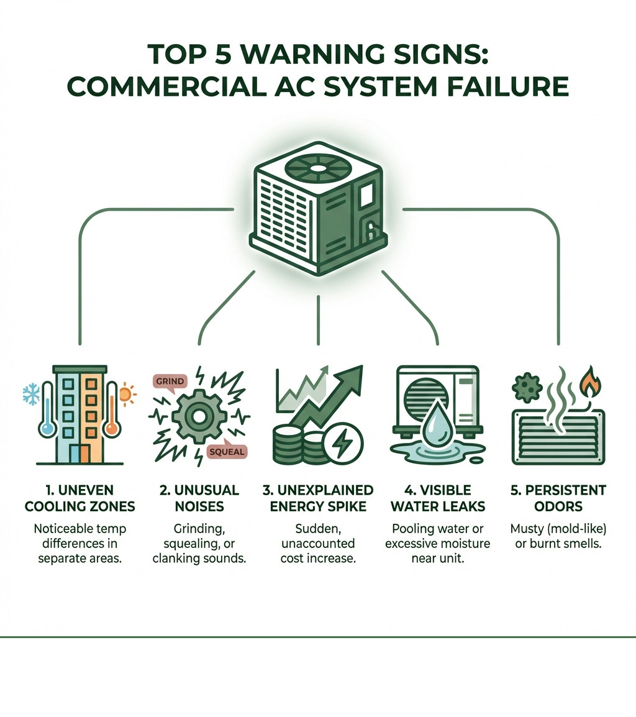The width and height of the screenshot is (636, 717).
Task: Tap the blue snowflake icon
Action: pyautogui.click(x=30, y=393)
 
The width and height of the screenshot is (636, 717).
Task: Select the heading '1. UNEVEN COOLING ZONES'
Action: pyautogui.click(x=80, y=498)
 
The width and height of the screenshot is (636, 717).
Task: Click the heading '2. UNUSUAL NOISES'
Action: pyautogui.click(x=199, y=498)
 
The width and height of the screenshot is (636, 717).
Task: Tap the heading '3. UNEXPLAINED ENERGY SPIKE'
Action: pyautogui.click(x=318, y=498)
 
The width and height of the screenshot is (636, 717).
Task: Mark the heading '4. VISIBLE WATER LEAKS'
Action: pyautogui.click(x=438, y=498)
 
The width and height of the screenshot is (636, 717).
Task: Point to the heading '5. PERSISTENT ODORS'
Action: pyautogui.click(x=558, y=498)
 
